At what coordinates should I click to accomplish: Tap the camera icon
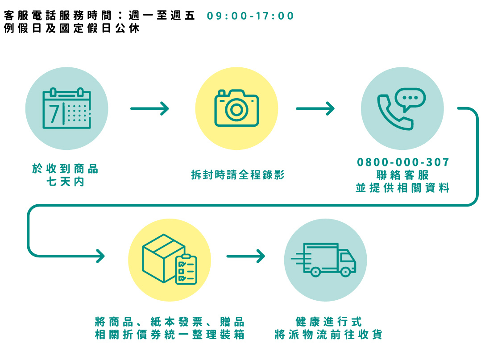point(236,108)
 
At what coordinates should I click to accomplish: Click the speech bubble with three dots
point(411,99)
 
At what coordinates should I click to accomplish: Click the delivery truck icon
point(325,260)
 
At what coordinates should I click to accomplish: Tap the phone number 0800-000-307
point(403,162)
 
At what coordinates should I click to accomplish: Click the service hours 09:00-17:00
point(250,17)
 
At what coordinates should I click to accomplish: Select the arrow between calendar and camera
point(150,108)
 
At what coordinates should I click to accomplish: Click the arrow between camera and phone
point(315,108)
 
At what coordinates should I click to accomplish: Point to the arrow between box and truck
point(246,256)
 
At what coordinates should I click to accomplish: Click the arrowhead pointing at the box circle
point(100,256)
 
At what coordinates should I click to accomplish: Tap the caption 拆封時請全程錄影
point(237,175)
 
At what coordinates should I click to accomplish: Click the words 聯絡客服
point(403,174)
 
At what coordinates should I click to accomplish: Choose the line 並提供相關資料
point(402,188)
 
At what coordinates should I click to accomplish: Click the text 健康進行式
point(329,322)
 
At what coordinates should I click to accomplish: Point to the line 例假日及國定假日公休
point(71,29)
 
